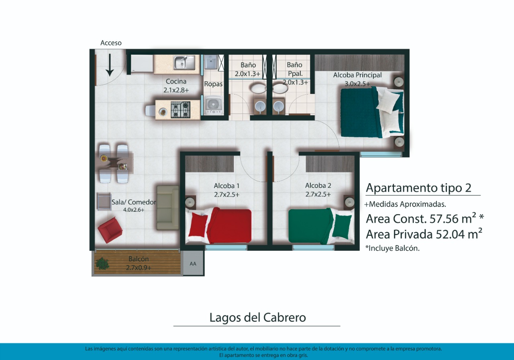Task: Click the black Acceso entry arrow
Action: (x=110, y=65)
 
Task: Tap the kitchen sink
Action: (x=184, y=62)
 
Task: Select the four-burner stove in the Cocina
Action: (x=181, y=110)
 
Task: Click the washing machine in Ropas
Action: (x=213, y=105)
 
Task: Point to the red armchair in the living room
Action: (x=110, y=230)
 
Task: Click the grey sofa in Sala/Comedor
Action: (x=168, y=208)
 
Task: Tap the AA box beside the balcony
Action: (x=193, y=264)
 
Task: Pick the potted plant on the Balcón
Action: (x=102, y=264)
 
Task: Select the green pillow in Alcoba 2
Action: (x=342, y=226)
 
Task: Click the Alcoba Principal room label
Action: (x=357, y=75)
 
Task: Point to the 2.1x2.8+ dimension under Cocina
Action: (x=176, y=90)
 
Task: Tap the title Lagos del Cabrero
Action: (x=258, y=317)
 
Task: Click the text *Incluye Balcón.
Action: (x=392, y=248)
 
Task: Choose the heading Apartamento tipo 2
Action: (x=418, y=188)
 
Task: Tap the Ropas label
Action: (x=213, y=84)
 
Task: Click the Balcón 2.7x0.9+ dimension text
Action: (x=139, y=268)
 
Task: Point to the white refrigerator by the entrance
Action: (x=142, y=63)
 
